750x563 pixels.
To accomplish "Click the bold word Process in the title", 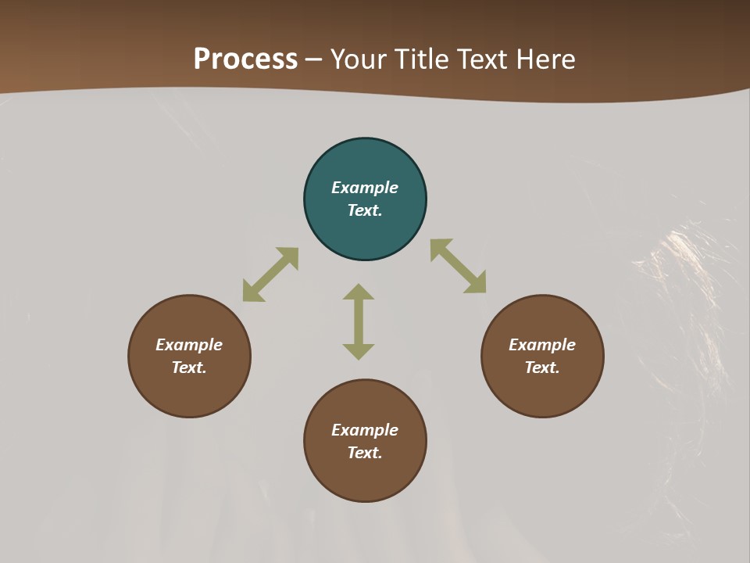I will click(245, 59).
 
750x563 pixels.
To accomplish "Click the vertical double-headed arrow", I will click(359, 321).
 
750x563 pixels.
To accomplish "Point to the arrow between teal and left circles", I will click(270, 274).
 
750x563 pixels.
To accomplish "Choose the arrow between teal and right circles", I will click(458, 266).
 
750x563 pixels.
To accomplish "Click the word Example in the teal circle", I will click(365, 188).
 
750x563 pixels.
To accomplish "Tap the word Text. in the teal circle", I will click(365, 210).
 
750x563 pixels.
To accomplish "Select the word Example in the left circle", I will click(189, 345).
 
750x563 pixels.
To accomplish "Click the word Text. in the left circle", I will click(189, 368).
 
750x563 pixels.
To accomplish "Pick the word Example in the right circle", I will click(542, 345).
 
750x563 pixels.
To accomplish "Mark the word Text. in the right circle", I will click(542, 368).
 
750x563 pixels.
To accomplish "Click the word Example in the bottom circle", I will click(365, 430).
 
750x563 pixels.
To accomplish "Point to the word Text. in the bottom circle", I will click(365, 453).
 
